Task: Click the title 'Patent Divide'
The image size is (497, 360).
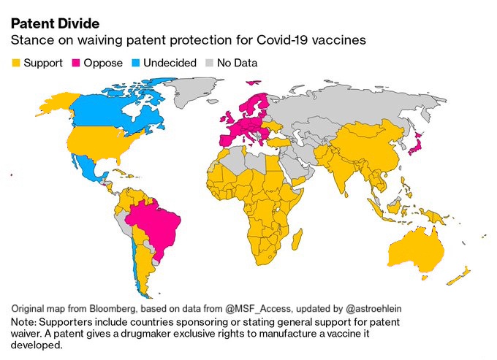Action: pyautogui.click(x=55, y=23)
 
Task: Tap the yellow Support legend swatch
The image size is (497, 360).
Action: pyautogui.click(x=16, y=63)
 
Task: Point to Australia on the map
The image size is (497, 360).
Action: pyautogui.click(x=416, y=253)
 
